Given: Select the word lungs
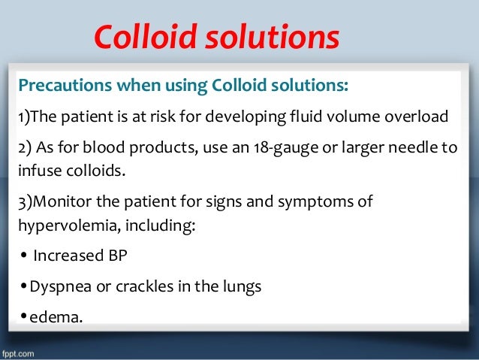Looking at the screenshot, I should [x=243, y=286].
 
